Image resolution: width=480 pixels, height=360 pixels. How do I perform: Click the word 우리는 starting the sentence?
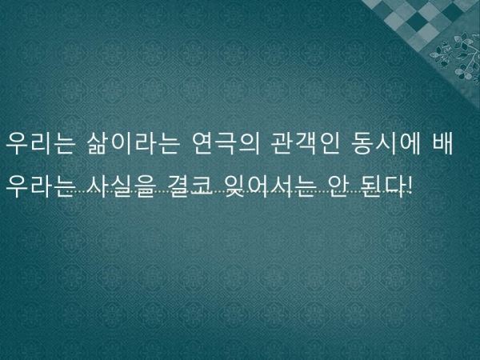[41, 143]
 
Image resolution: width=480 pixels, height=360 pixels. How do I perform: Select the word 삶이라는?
[133, 143]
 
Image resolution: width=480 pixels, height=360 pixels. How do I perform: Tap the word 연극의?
[226, 143]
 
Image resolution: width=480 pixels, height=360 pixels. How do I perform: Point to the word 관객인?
[306, 143]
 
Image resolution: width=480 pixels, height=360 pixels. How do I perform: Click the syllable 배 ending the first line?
[442, 143]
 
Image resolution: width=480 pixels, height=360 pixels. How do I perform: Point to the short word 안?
[337, 186]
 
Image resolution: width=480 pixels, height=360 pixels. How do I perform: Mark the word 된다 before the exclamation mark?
[382, 186]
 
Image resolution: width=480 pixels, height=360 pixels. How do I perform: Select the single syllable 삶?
[98, 143]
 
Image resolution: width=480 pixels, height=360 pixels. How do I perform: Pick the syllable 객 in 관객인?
[306, 143]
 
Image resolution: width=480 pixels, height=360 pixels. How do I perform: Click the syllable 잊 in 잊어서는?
[235, 186]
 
